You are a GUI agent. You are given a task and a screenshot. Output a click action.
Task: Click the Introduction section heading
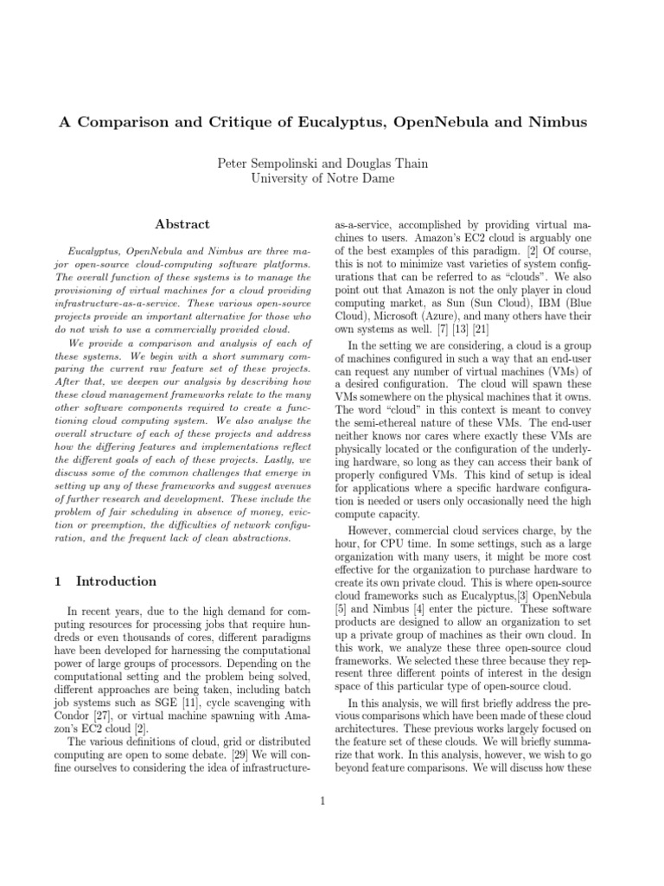[116, 581]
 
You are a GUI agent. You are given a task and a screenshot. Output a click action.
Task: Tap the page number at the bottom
[322, 801]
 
